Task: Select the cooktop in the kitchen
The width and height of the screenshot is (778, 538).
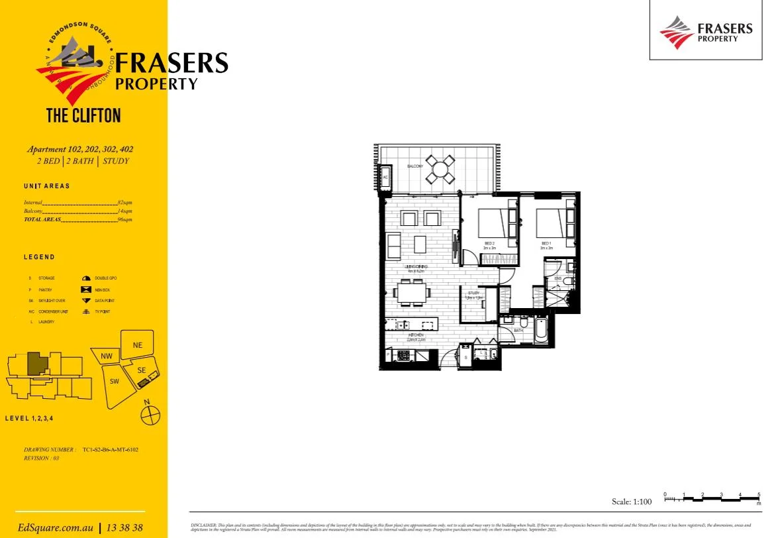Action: (x=403, y=356)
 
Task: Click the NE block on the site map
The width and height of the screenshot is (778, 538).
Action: (x=138, y=345)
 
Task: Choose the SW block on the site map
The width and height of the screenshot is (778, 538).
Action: (x=115, y=381)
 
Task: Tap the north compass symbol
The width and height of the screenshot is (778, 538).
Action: (x=150, y=415)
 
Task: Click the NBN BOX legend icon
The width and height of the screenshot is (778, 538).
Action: (x=85, y=290)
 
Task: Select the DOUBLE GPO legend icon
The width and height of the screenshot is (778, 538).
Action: (x=85, y=278)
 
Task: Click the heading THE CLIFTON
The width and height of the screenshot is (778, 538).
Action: (x=83, y=116)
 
